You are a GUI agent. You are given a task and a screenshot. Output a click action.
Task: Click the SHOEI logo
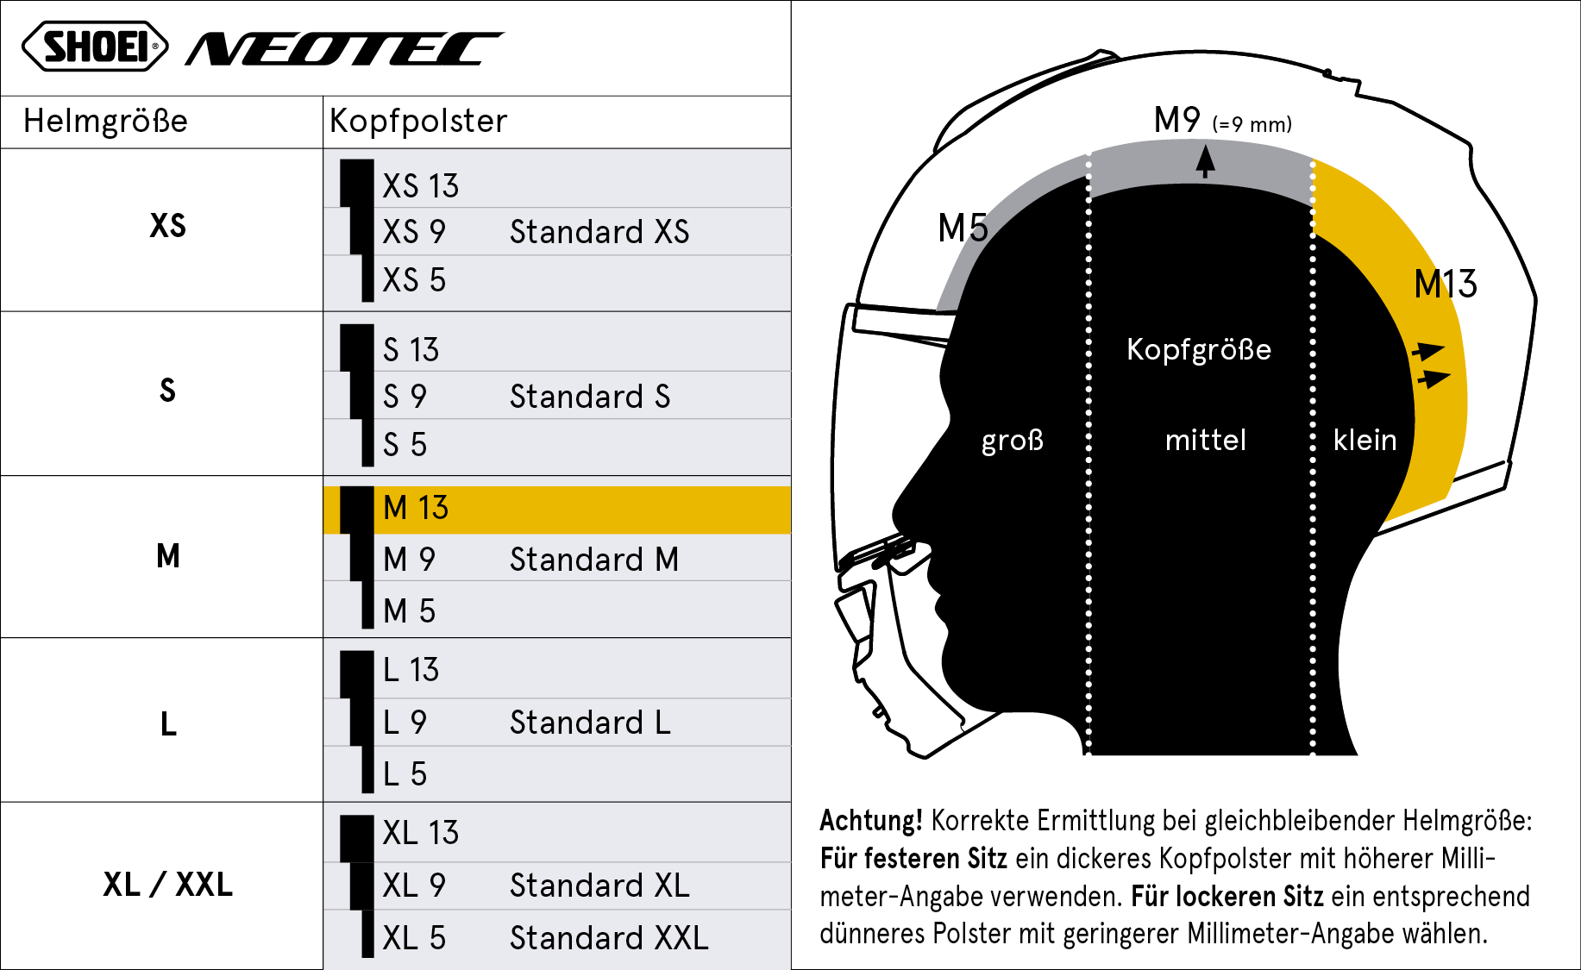(95, 47)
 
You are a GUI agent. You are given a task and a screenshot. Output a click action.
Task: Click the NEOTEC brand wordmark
(344, 49)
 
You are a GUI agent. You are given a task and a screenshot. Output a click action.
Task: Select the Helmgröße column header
(105, 122)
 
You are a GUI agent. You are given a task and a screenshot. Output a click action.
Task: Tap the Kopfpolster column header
(418, 122)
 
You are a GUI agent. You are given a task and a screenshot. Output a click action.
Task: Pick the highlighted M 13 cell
(556, 509)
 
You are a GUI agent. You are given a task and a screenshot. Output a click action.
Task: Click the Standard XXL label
(609, 938)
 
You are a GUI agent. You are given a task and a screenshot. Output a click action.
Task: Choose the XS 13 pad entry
(421, 186)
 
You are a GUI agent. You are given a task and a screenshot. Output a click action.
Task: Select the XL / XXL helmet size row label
(168, 885)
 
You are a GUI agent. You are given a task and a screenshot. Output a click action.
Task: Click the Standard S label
(590, 397)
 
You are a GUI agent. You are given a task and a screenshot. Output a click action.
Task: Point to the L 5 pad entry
(405, 774)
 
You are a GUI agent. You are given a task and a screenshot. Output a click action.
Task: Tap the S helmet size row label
(167, 391)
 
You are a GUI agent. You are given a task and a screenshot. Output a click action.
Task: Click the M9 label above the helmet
(1176, 120)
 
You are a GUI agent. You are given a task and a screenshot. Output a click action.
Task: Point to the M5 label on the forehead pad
(963, 228)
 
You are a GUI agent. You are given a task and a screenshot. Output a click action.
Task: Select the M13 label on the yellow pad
(1446, 284)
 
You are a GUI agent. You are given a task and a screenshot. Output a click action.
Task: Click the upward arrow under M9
(1205, 161)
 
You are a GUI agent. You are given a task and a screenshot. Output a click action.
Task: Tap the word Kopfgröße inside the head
(1199, 350)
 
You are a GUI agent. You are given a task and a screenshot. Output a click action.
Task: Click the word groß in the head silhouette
(1013, 441)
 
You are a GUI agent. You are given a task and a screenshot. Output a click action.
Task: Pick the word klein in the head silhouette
(1365, 440)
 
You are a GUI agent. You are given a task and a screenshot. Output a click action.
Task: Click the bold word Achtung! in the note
(871, 821)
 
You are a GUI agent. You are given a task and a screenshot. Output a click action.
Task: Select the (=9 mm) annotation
(1252, 124)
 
